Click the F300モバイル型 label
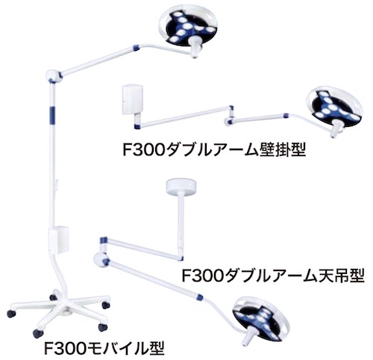[x=104, y=349]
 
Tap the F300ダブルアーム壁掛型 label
[x=214, y=149]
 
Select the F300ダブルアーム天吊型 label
[x=273, y=276]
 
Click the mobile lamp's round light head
[x=188, y=27]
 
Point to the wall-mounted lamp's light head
[x=333, y=108]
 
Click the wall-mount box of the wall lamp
[x=133, y=99]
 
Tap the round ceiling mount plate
[x=181, y=186]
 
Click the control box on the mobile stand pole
[x=58, y=240]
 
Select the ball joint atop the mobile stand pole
[x=53, y=75]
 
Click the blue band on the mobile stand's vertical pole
[x=52, y=114]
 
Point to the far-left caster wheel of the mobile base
[x=11, y=314]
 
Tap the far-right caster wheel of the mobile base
[x=106, y=305]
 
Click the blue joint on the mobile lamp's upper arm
[x=136, y=47]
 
